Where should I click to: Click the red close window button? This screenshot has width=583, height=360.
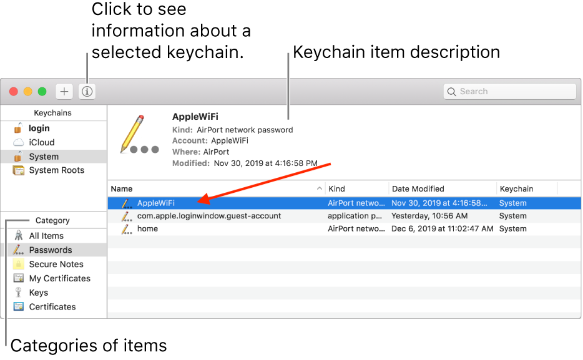pos(14,91)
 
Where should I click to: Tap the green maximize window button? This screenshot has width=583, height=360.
pos(42,91)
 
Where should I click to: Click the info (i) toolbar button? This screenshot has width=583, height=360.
pos(87,91)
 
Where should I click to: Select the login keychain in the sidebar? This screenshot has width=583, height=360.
pos(39,128)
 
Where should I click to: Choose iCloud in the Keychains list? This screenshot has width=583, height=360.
pos(42,142)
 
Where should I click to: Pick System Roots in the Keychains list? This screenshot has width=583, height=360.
pos(57,170)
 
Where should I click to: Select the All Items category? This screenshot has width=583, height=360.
pos(46,236)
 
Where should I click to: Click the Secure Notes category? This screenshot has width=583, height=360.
pos(56,264)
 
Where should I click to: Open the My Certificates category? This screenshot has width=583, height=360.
pos(59,278)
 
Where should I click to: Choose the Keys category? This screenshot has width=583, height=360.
pos(38,293)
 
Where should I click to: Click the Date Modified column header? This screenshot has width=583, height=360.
pos(418,188)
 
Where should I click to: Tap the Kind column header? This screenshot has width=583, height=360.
pos(336,188)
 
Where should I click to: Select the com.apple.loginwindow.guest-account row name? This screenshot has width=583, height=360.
pos(209,216)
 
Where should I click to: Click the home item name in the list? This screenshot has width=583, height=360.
pos(147,228)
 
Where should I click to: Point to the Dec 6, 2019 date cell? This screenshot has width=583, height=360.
pos(442,228)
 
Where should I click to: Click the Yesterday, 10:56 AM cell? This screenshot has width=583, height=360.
pos(429,216)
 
